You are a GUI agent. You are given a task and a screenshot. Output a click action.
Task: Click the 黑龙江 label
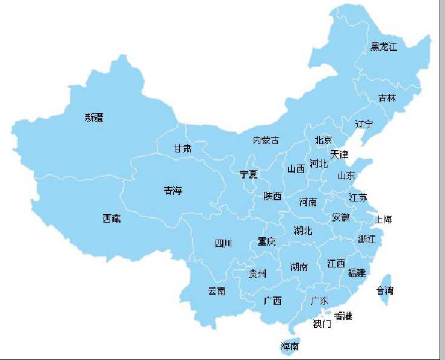pyautogui.click(x=384, y=47)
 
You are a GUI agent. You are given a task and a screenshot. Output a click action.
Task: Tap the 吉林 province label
pyautogui.click(x=387, y=97)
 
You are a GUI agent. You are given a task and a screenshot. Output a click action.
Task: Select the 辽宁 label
pyautogui.click(x=364, y=124)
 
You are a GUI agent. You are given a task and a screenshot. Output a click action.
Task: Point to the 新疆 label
pyautogui.click(x=94, y=117)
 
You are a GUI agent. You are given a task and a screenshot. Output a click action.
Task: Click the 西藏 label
pyautogui.click(x=111, y=218)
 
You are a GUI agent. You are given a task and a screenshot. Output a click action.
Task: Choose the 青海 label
pyautogui.click(x=173, y=191)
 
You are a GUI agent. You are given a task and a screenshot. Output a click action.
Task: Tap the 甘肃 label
pyautogui.click(x=182, y=148)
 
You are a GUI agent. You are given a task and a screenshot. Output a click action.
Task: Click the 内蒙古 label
pyautogui.click(x=266, y=140)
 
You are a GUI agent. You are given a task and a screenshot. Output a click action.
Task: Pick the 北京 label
pyautogui.click(x=323, y=140)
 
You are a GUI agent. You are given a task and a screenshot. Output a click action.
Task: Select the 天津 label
pyautogui.click(x=340, y=154)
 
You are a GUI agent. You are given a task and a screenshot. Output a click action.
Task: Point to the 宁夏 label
pyautogui.click(x=249, y=174)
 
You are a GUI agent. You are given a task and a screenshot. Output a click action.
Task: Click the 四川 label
pyautogui.click(x=223, y=243)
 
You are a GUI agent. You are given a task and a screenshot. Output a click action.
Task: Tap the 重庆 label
pyautogui.click(x=266, y=241)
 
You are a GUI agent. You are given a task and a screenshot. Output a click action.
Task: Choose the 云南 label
pyautogui.click(x=217, y=291)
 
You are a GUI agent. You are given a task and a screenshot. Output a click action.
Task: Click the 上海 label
pyautogui.click(x=384, y=219)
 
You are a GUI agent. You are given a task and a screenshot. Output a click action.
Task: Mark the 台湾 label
pyautogui.click(x=385, y=290)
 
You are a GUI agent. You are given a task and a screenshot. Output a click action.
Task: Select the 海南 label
pyautogui.click(x=289, y=347)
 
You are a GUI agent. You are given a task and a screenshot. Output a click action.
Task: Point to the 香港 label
pyautogui.click(x=343, y=316)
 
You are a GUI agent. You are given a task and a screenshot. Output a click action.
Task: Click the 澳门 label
pyautogui.click(x=322, y=324)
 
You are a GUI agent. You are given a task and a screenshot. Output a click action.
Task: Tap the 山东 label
pyautogui.click(x=346, y=175)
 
